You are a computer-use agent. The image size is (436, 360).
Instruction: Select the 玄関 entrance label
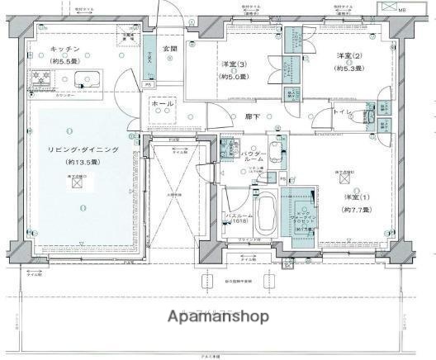(x=169, y=49)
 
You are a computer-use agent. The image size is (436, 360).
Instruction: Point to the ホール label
(x=163, y=105)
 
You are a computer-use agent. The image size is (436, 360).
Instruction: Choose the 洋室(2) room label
(x=346, y=55)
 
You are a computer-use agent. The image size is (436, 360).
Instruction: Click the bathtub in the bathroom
(x=267, y=215)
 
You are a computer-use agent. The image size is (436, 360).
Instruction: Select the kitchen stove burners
(x=40, y=79)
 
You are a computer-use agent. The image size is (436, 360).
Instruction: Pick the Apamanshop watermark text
(x=218, y=317)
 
